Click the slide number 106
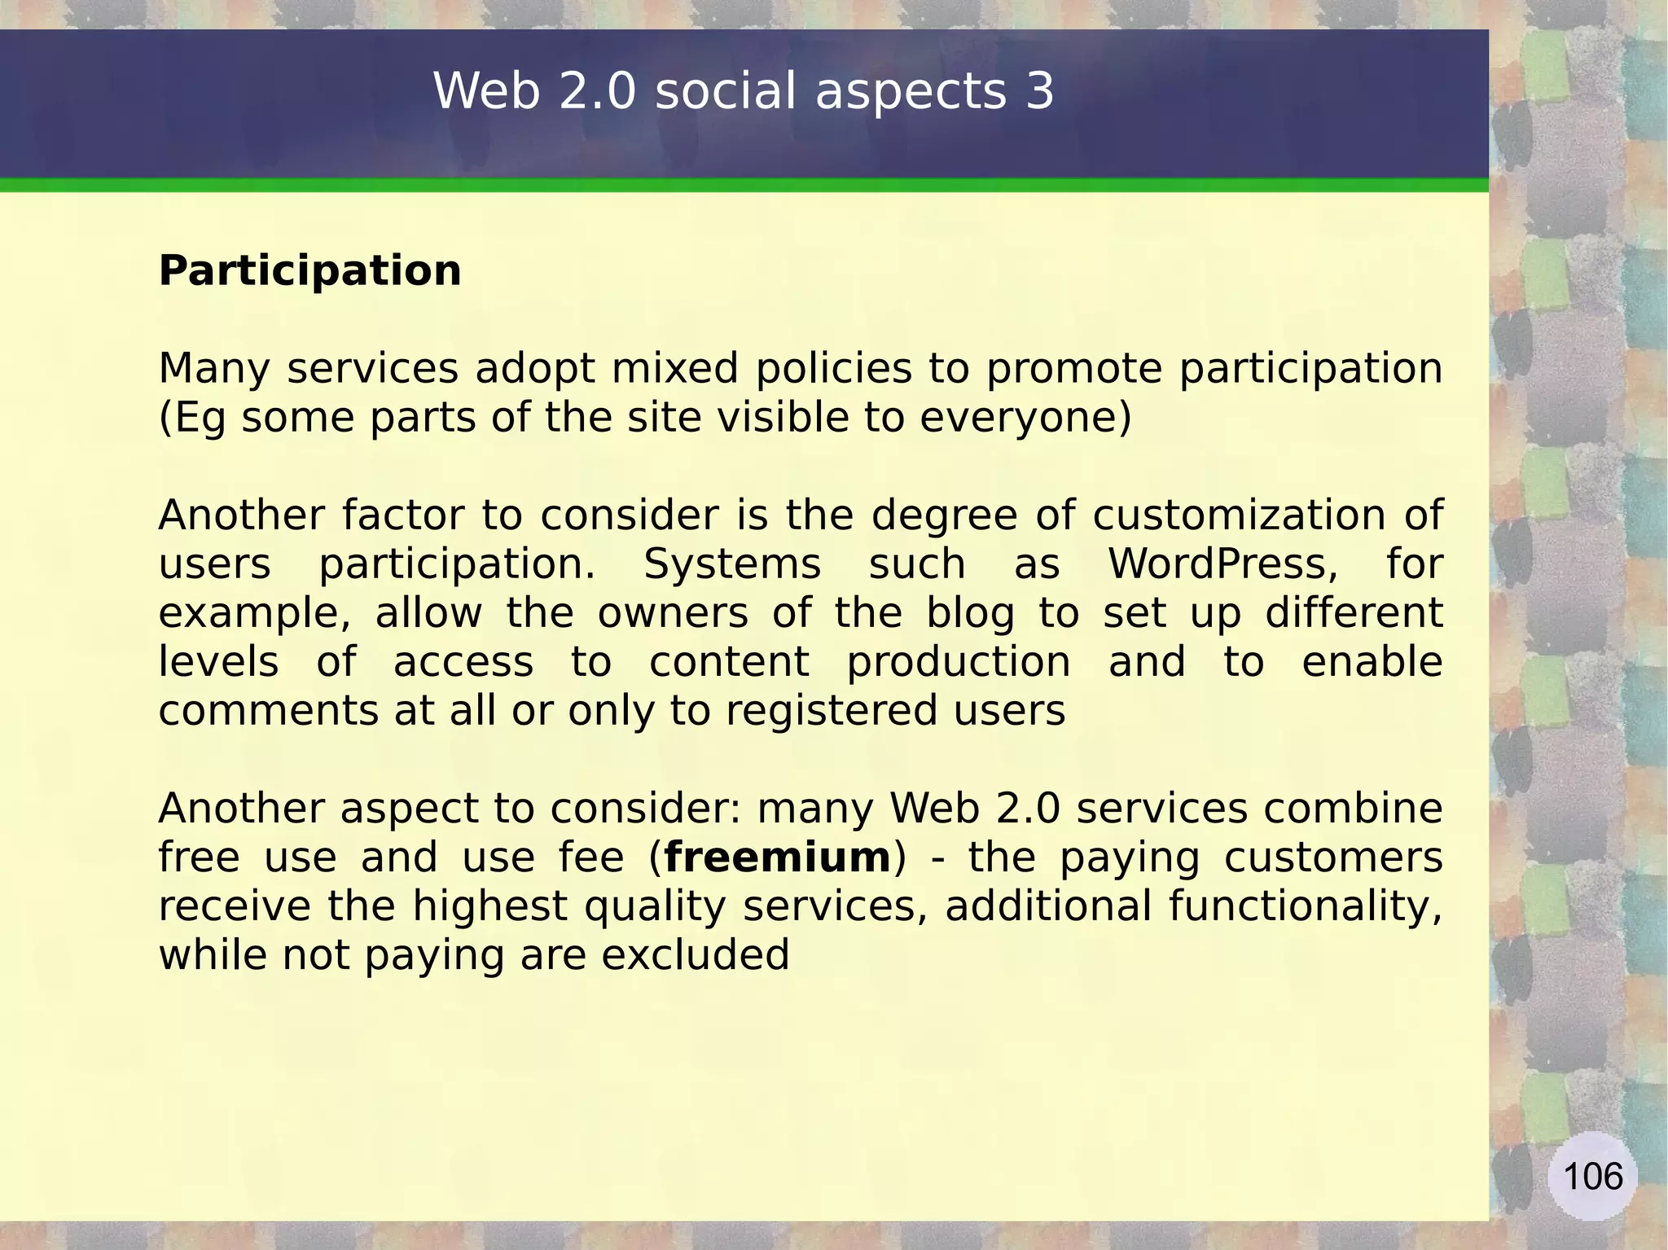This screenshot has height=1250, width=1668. pyautogui.click(x=1593, y=1177)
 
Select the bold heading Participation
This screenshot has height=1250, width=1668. pyautogui.click(x=309, y=270)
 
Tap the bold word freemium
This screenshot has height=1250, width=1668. pyautogui.click(x=778, y=857)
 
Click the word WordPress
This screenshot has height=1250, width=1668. pyautogui.click(x=1222, y=564)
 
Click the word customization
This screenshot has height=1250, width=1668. pyautogui.click(x=1238, y=515)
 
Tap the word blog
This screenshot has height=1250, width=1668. pyautogui.click(x=970, y=614)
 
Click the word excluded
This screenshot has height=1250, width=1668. pyautogui.click(x=696, y=954)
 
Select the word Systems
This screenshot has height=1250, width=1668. pyautogui.click(x=732, y=564)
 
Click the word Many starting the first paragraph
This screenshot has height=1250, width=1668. pyautogui.click(x=214, y=369)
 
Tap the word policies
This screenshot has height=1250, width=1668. pyautogui.click(x=833, y=369)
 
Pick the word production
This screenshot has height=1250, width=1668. pyautogui.click(x=959, y=662)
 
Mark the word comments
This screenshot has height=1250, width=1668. pyautogui.click(x=268, y=711)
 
